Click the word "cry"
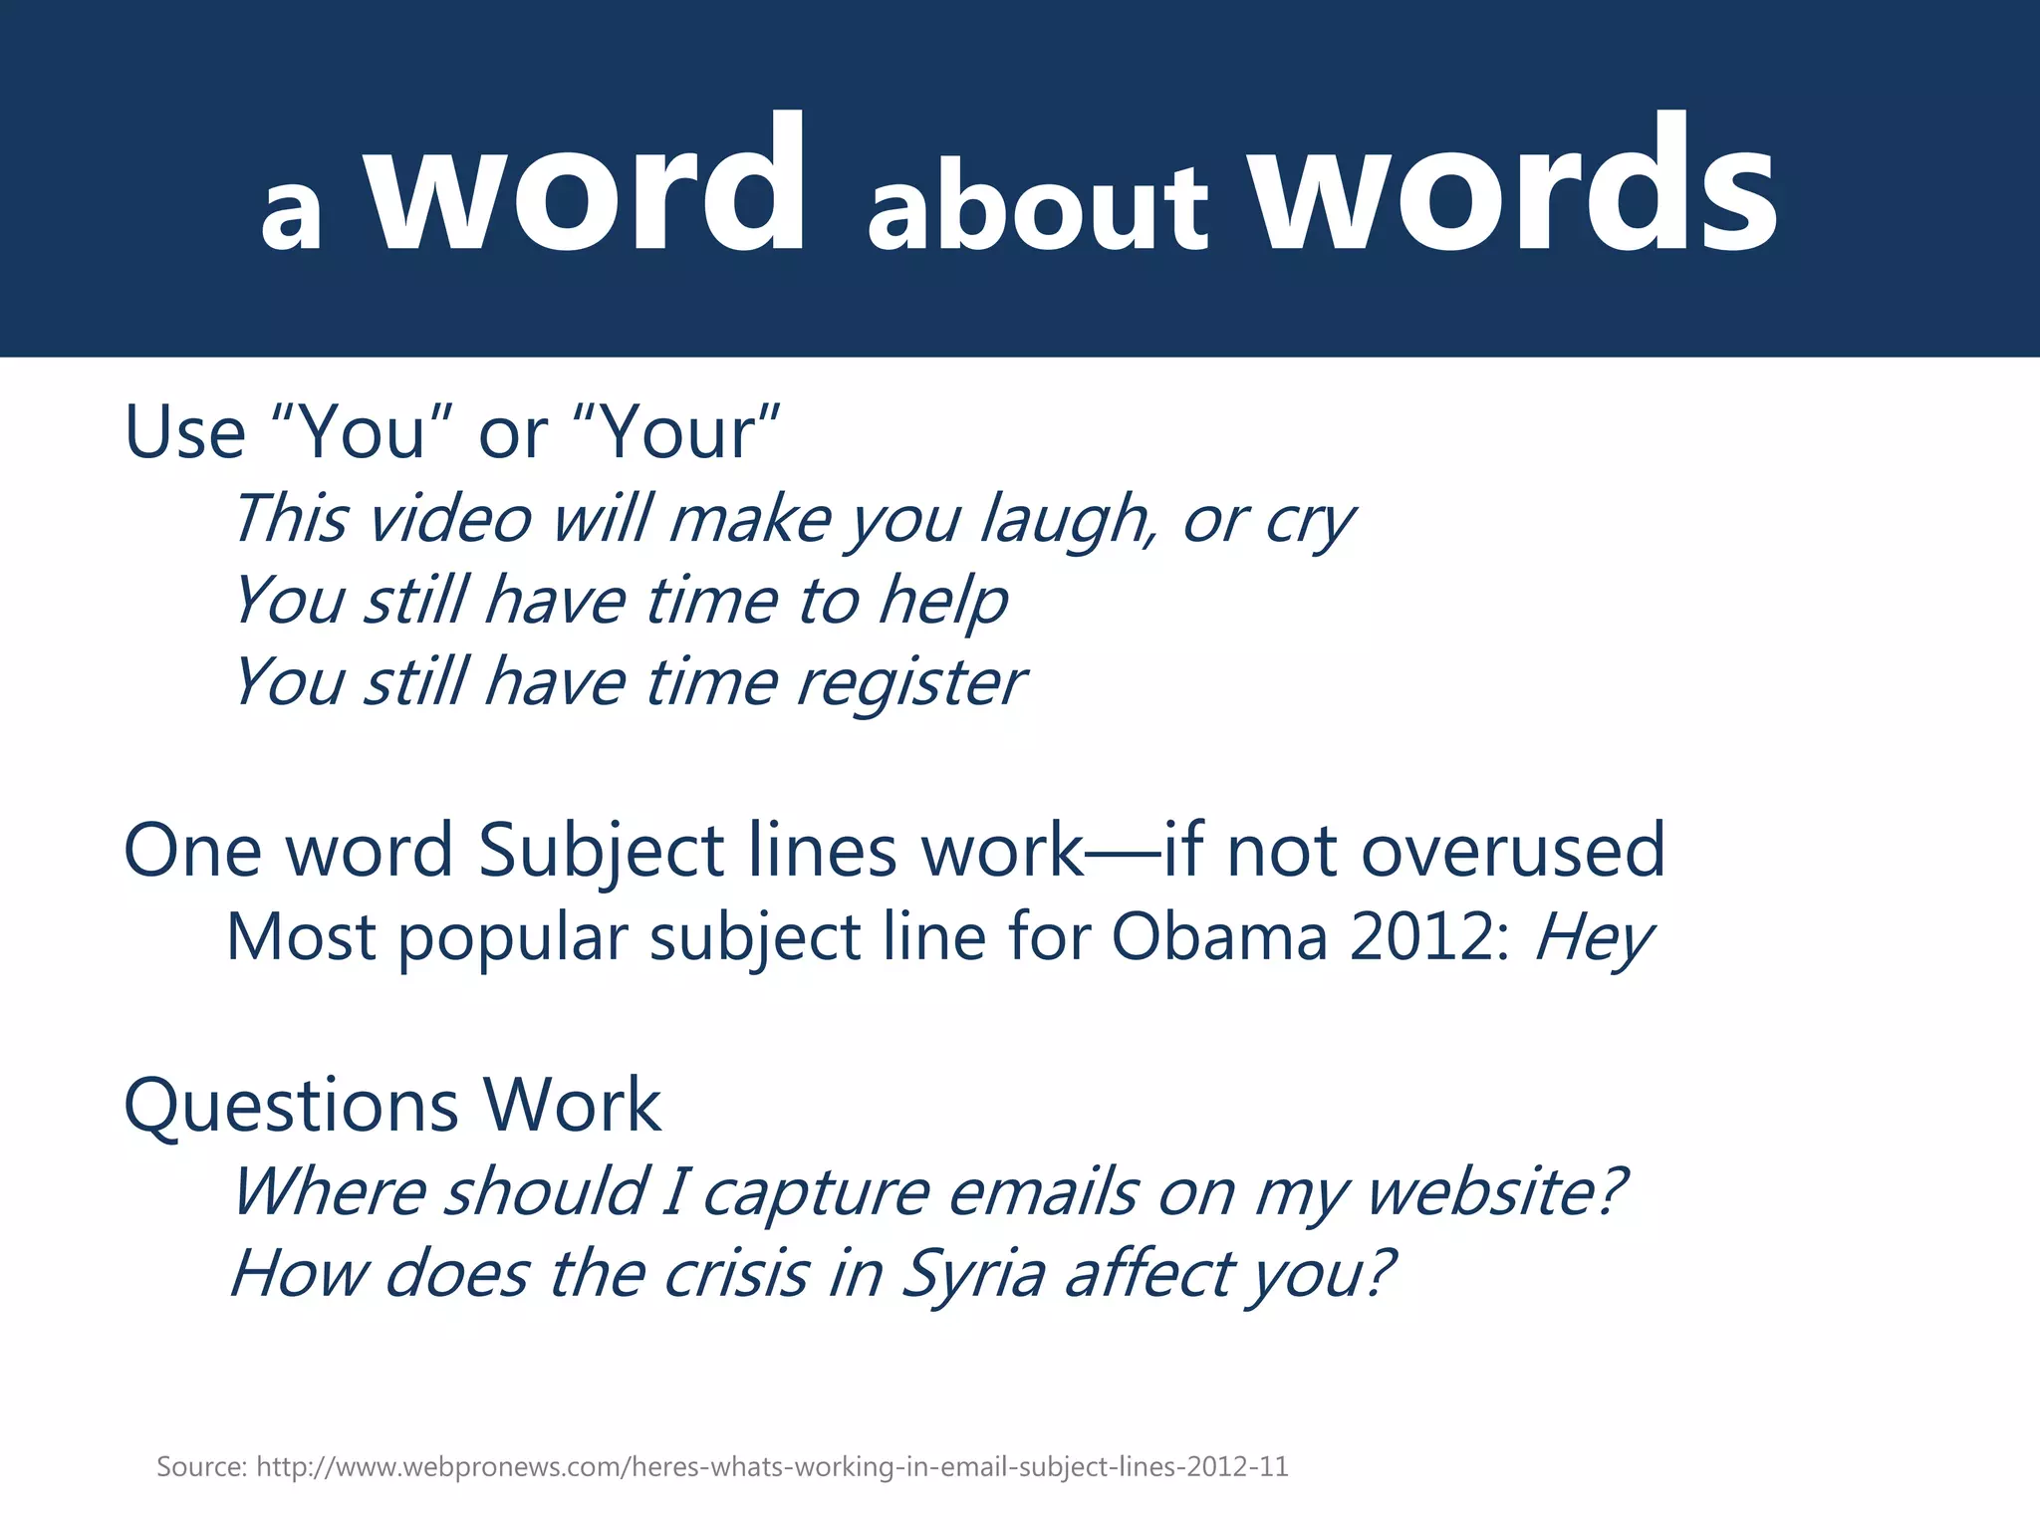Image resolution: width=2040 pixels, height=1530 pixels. pos(1309,520)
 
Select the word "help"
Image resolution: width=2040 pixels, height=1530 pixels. pos(942,602)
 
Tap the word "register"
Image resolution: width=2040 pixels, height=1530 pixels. pos(910,683)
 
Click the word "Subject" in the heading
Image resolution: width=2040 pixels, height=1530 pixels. pos(601,851)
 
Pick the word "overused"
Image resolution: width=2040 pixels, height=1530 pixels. pos(1513,851)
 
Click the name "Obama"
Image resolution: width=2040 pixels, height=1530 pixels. pos(1219,937)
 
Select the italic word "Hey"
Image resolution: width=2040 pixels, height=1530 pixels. pos(1593,937)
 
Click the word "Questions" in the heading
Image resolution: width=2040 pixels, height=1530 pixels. pos(292,1106)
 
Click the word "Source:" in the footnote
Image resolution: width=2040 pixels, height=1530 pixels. pos(201,1467)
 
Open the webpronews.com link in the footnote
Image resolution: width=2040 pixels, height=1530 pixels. pos(772,1467)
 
